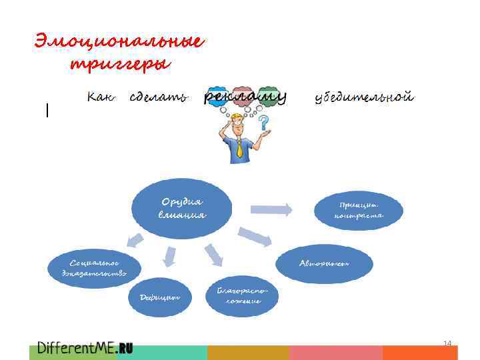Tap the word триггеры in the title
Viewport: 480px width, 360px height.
(120, 65)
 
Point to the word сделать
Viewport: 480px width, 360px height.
(158, 98)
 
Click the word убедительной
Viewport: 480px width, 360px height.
(364, 98)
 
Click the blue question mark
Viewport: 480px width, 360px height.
(265, 123)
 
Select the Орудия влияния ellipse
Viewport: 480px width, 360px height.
(182, 208)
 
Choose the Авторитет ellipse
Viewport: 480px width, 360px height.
(323, 263)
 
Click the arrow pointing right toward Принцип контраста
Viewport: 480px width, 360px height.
(271, 209)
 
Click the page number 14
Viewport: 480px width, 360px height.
(447, 343)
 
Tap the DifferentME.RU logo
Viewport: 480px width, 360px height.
(85, 347)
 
